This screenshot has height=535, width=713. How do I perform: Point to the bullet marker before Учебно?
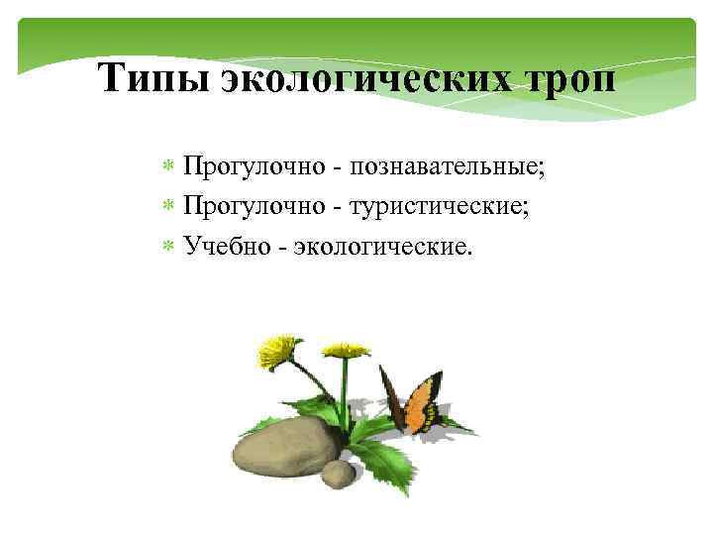(x=168, y=245)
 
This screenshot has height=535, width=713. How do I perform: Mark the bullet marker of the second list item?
(x=168, y=205)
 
